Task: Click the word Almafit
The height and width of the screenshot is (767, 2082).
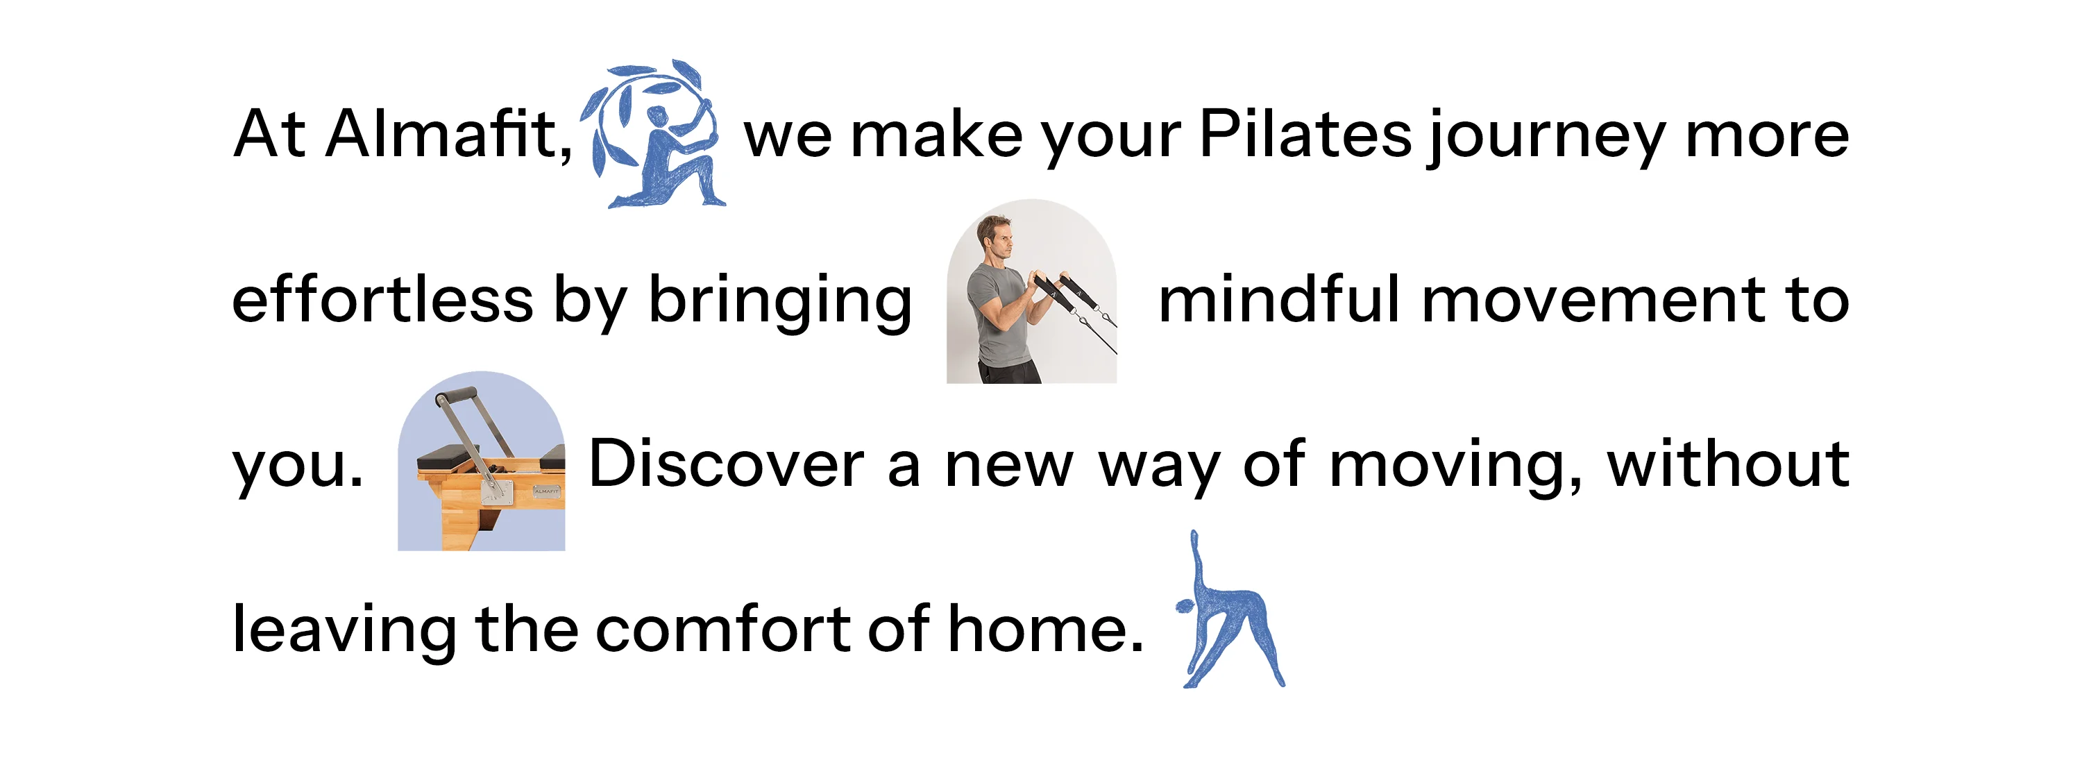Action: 448,134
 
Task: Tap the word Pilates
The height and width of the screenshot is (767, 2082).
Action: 1305,134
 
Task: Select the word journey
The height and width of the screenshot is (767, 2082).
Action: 1546,137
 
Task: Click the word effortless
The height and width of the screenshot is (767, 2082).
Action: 382,300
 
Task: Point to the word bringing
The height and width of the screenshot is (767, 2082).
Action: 780,301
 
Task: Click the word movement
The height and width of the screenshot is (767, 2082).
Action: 1593,301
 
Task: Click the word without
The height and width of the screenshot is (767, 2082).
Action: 1728,465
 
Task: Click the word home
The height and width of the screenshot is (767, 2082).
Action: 1046,630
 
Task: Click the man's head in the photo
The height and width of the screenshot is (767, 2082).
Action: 993,237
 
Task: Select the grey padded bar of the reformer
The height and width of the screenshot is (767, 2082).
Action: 457,396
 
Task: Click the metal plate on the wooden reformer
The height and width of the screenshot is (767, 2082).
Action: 497,489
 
